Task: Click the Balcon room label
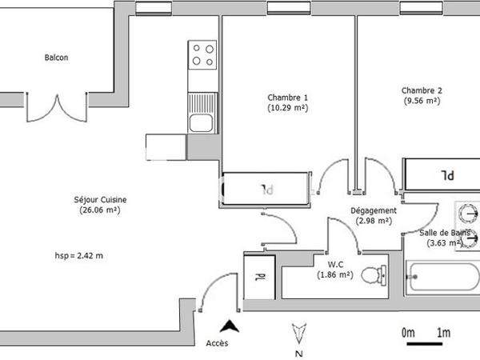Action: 56,58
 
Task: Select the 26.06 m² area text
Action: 99,210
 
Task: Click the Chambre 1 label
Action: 287,98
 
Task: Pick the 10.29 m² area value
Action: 287,108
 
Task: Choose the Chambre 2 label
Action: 422,90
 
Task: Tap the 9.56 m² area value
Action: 422,101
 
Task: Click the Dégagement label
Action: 374,210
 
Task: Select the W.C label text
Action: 336,263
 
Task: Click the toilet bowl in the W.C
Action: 371,276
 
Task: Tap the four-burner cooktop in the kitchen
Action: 203,55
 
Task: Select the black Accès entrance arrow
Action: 230,326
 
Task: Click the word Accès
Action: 217,344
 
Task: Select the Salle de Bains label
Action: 441,233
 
